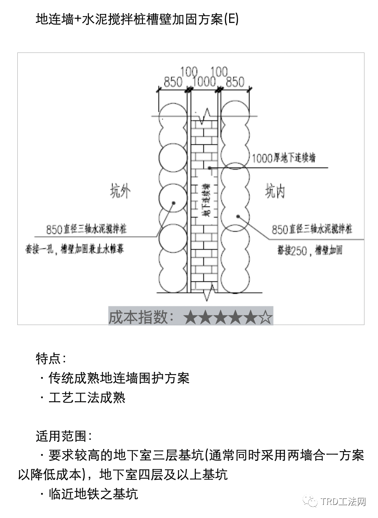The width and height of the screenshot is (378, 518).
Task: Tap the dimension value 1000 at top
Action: [204, 81]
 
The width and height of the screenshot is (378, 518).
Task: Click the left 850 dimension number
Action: [173, 82]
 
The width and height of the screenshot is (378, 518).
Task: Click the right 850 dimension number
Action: [235, 82]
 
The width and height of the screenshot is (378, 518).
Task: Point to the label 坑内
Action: [275, 192]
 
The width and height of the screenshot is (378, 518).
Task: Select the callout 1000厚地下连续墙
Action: [283, 158]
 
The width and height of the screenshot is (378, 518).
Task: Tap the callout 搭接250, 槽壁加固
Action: [307, 251]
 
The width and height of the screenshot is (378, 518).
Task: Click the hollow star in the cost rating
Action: [265, 317]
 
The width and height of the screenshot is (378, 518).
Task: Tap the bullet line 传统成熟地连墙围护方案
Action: [118, 377]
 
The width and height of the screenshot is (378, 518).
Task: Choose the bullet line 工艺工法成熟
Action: [87, 397]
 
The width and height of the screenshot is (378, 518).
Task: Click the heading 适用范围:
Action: [63, 435]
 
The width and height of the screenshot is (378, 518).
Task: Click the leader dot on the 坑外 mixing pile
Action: [173, 203]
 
